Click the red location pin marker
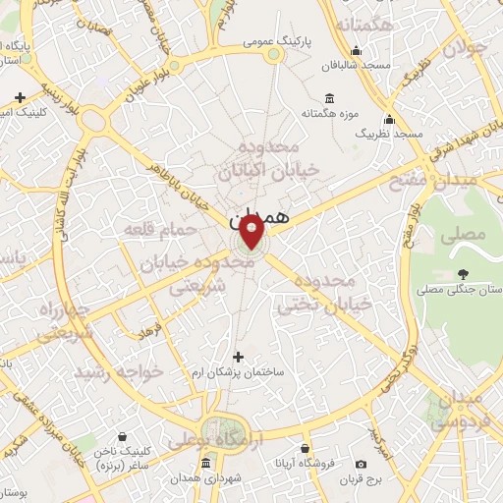click(x=251, y=233)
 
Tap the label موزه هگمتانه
click(x=327, y=113)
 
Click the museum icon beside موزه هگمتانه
click(x=328, y=99)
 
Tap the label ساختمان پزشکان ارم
click(x=236, y=373)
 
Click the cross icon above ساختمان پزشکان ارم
click(x=236, y=357)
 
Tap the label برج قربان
click(x=361, y=478)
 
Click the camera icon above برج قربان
click(x=361, y=463)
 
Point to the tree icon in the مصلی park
click(x=462, y=273)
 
